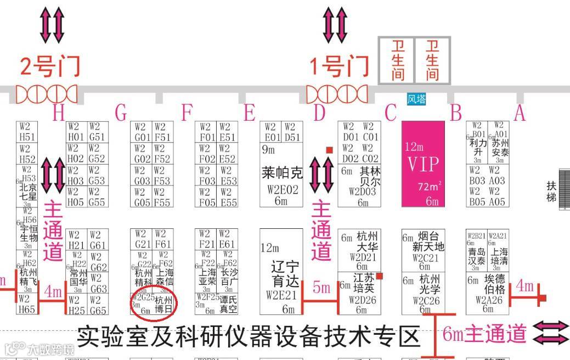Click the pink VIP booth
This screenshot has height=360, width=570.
click(423, 164)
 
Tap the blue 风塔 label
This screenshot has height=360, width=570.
click(416, 99)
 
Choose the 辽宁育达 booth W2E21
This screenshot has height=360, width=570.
click(281, 272)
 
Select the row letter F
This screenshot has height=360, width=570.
click(188, 114)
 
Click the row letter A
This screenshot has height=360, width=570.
click(519, 113)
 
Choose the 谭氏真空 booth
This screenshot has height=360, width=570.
click(228, 305)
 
